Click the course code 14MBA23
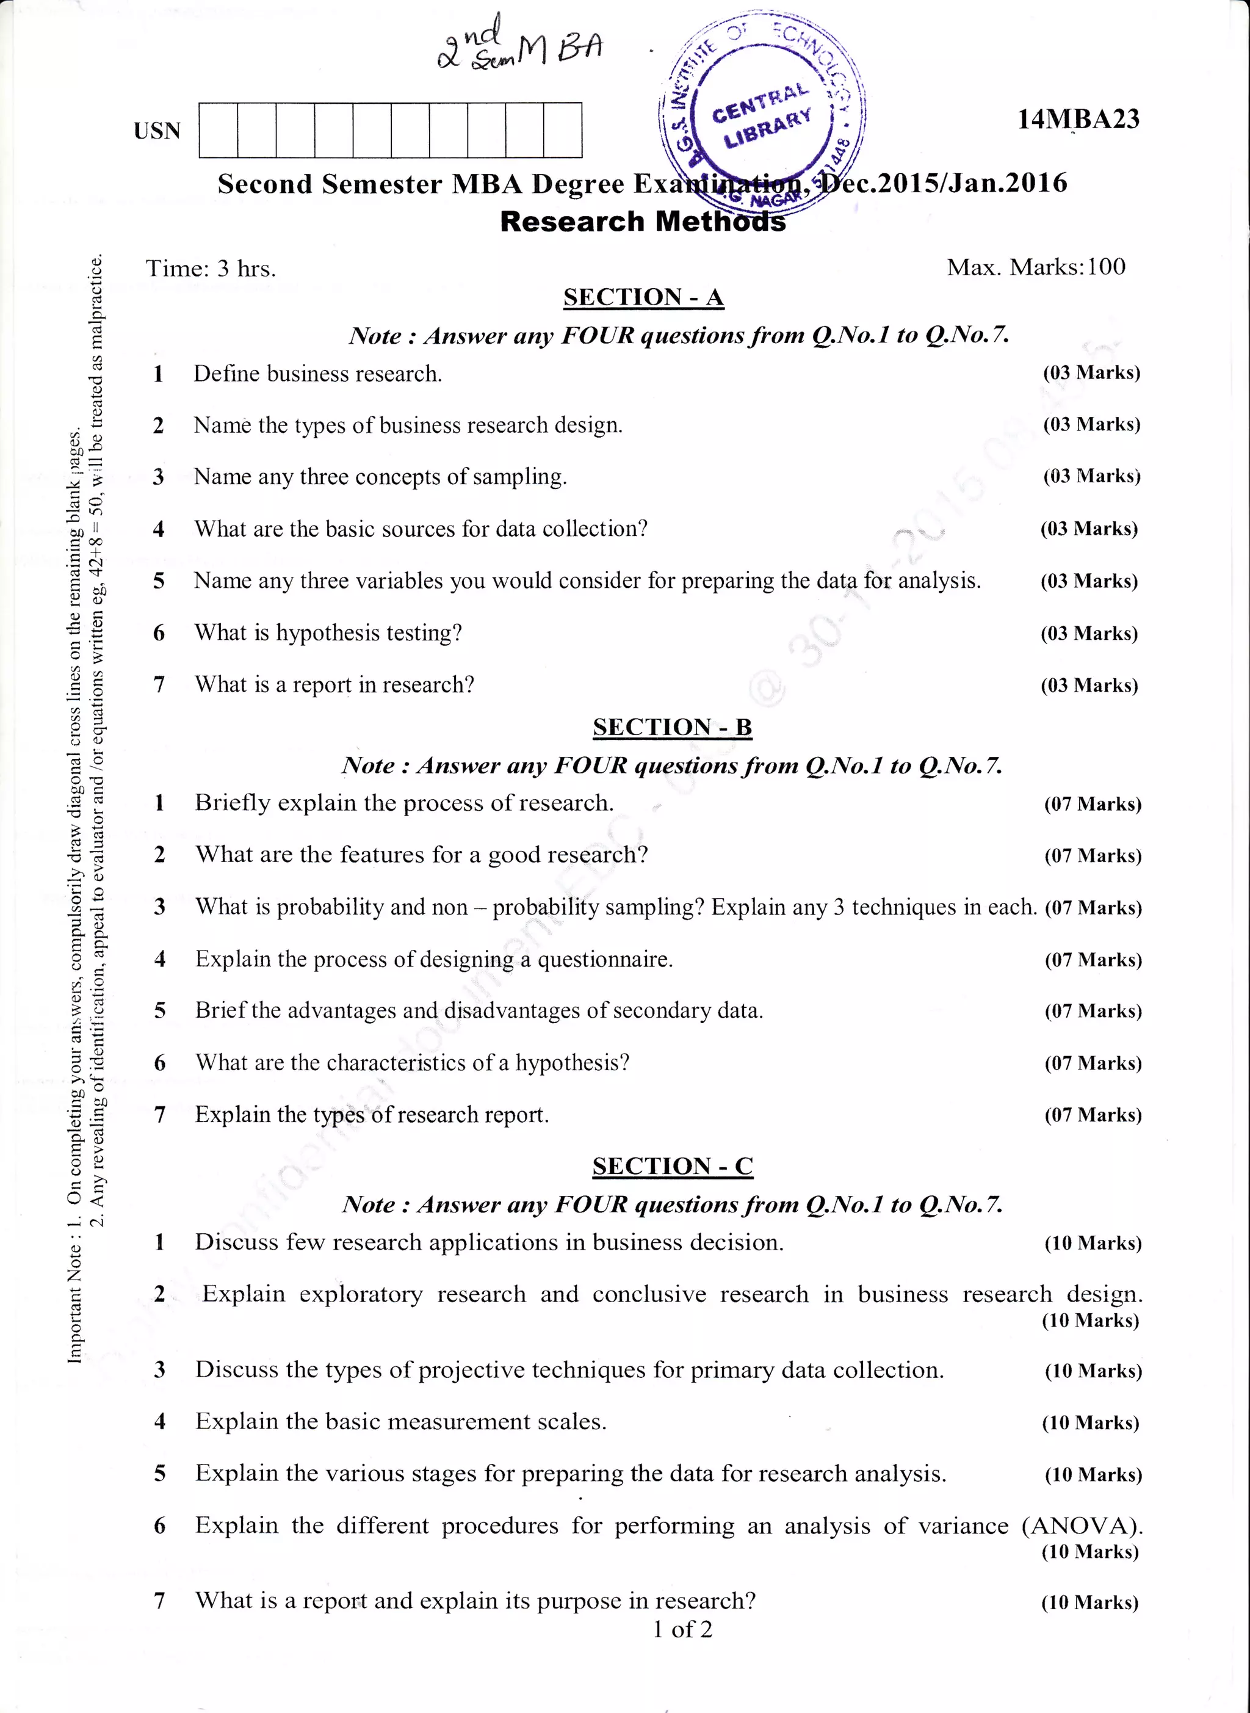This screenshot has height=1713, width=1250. (x=1078, y=120)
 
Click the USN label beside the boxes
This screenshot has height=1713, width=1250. (x=157, y=131)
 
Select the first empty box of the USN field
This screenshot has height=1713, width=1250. (x=218, y=130)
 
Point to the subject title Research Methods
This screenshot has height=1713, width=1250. (x=643, y=222)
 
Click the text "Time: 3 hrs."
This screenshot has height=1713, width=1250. (x=211, y=269)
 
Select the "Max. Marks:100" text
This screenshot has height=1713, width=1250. (x=1036, y=267)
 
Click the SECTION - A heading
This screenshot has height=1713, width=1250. (x=643, y=297)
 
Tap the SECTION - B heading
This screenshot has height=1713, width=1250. (x=672, y=727)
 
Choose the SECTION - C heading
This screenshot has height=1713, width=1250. (x=672, y=1166)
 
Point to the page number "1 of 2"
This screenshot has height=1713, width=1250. (x=682, y=1629)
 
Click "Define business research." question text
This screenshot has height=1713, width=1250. (x=318, y=374)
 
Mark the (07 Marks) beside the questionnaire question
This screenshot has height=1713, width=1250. (x=1093, y=960)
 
